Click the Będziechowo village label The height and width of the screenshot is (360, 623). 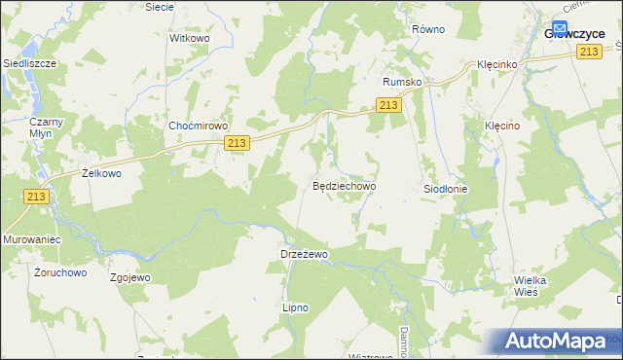pyautogui.click(x=344, y=185)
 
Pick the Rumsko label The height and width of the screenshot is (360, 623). pyautogui.click(x=402, y=83)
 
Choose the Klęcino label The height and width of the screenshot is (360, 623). pyautogui.click(x=504, y=126)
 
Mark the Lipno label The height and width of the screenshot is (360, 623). pyautogui.click(x=295, y=307)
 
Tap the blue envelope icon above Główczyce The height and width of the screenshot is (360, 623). pyautogui.click(x=562, y=28)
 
